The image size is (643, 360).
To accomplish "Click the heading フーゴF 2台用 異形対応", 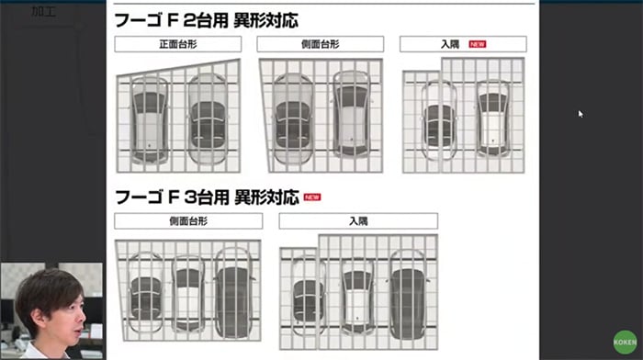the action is [x=206, y=19].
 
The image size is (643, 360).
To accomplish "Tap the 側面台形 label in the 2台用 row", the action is [x=320, y=44].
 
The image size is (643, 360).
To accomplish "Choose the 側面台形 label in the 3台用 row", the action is [x=187, y=220].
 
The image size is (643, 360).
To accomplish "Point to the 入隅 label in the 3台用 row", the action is [x=357, y=220].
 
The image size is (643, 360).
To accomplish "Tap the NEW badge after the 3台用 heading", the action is [x=312, y=197].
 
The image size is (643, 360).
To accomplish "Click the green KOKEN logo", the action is [x=625, y=339].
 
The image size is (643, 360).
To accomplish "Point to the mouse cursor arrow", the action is [x=581, y=114].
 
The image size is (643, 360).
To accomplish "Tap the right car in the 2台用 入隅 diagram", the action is [x=492, y=122].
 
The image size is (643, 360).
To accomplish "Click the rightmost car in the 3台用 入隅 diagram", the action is [x=406, y=292].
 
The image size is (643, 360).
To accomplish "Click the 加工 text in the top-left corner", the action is [x=43, y=11].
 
